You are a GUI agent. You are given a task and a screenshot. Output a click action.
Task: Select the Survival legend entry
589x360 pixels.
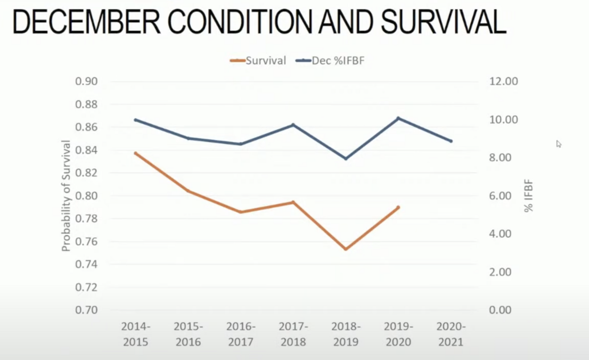pos(259,60)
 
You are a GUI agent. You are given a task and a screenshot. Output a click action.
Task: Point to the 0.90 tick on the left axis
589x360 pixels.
pos(86,81)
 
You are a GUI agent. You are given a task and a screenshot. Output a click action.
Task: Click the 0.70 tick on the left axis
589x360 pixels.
pos(86,310)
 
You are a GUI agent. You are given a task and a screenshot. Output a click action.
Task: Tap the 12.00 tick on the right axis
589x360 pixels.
pos(503,81)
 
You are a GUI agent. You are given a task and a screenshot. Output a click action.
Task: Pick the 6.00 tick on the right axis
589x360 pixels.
pos(503,196)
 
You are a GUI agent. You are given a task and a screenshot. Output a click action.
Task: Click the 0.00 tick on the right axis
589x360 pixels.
pos(503,310)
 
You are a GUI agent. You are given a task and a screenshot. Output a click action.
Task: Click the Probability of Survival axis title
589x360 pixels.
pos(66,196)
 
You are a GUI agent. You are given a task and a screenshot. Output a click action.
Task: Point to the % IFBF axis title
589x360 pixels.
pos(529,196)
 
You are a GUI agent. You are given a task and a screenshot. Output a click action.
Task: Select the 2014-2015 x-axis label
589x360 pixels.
pos(135,334)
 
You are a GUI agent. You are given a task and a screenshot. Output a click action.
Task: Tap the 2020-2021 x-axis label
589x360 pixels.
pos(451,334)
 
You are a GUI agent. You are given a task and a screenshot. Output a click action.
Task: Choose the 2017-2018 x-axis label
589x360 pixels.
pos(293,334)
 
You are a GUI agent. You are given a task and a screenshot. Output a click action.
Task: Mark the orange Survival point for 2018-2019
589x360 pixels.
pos(345,249)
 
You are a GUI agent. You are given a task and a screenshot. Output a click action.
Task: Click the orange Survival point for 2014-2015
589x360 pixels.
pos(136,153)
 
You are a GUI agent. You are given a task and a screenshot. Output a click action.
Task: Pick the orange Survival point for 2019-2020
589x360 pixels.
pos(398,207)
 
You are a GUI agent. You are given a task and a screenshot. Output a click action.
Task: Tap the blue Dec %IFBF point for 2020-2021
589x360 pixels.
pos(451,141)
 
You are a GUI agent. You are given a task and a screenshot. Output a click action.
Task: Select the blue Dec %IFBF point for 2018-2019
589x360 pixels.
pos(345,158)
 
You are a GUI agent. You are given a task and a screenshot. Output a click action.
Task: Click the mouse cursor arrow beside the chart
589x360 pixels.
pos(559,143)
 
